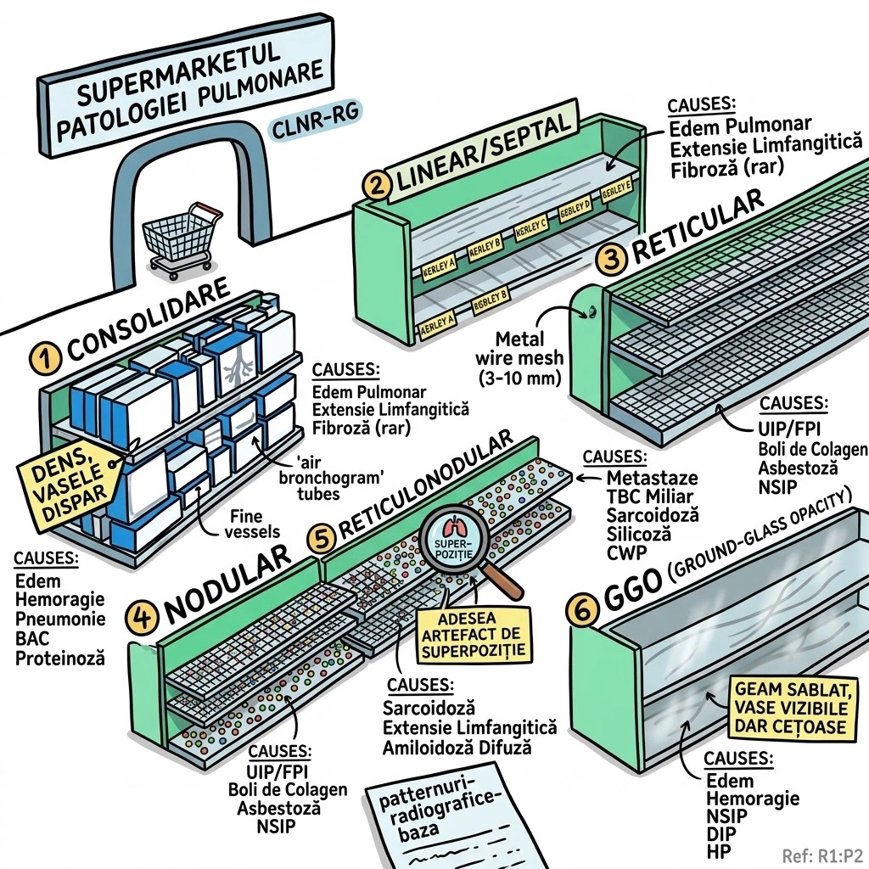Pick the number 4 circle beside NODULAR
pos(142,616)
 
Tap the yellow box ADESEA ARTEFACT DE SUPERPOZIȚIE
pos(474,635)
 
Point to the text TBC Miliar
pos(649,496)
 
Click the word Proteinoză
pos(60,657)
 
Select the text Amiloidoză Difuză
pos(457,748)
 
